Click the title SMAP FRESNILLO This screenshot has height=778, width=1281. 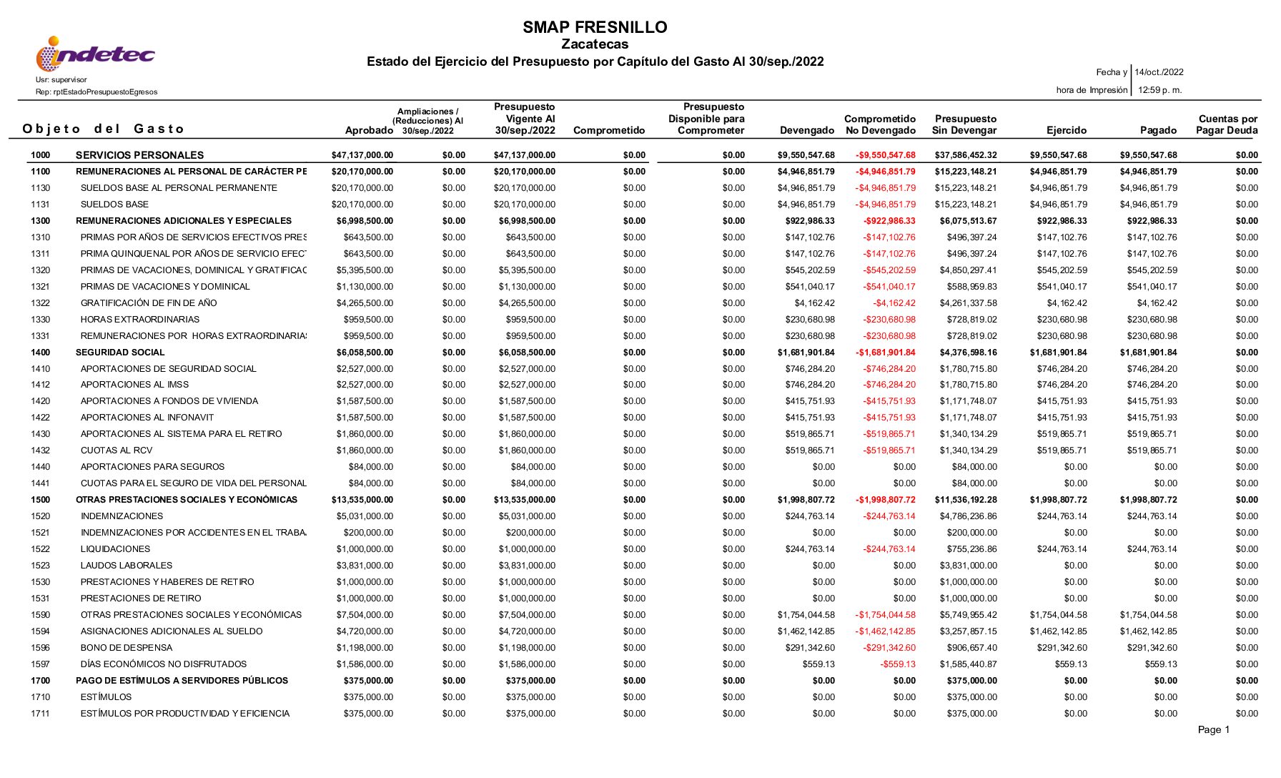pos(595,27)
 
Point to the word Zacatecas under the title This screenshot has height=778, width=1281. pos(595,44)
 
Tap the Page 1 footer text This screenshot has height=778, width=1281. pos(1213,729)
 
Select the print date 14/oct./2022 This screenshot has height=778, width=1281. pos(1159,72)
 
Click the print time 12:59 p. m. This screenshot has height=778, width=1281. pos(1159,90)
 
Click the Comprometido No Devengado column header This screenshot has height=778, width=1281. pos(880,124)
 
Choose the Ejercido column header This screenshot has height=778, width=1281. pos(1067,130)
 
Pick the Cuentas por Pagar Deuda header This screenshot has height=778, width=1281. pos(1227,124)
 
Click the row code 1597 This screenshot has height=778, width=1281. pos(41,664)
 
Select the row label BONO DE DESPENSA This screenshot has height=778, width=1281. pos(127,648)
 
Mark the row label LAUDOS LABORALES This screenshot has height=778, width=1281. pos(127,566)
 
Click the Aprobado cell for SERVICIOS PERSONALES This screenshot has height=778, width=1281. pos(362,155)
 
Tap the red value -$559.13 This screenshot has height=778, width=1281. pos(898,664)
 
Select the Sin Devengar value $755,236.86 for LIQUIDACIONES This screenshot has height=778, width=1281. pos(968,549)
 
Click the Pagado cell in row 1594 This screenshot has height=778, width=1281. pos(1148,631)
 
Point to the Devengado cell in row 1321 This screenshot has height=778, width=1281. pos(810,287)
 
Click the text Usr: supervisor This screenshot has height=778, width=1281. pos(61,80)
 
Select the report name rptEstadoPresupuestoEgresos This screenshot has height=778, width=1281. pos(97,92)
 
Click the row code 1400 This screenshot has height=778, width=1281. pos(41,353)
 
